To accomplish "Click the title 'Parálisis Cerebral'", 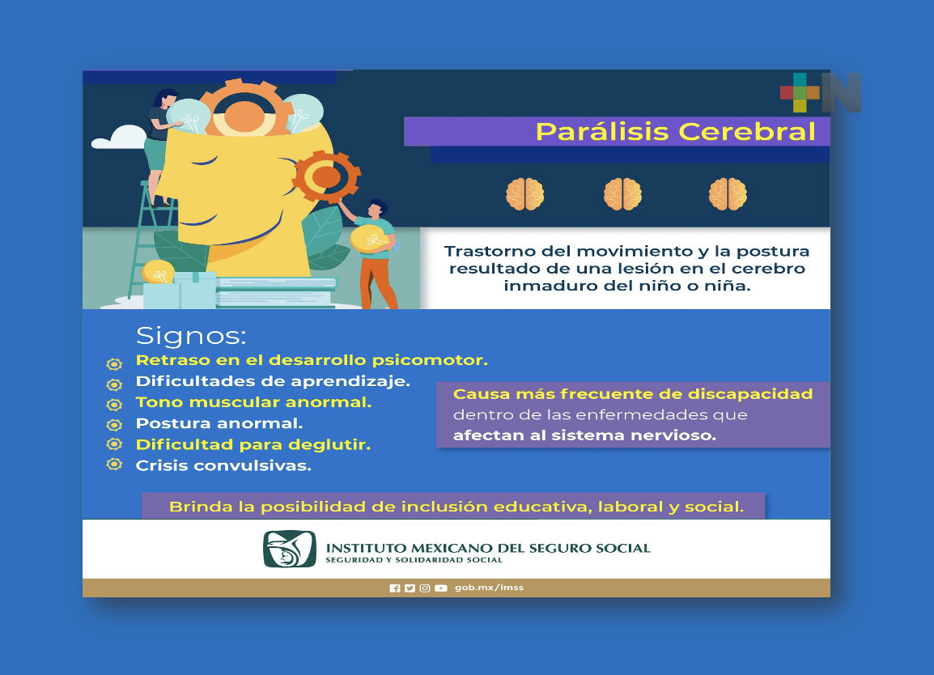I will [x=675, y=131].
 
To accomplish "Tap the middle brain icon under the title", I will [x=622, y=194].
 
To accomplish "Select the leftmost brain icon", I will [x=525, y=194].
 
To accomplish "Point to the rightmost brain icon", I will [x=728, y=194].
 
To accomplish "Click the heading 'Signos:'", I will [x=191, y=335].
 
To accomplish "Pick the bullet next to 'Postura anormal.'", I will [x=114, y=424].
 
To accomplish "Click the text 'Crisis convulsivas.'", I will [x=223, y=466].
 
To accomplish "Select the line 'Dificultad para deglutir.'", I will [x=253, y=444].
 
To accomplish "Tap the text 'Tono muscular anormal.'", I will [x=253, y=402].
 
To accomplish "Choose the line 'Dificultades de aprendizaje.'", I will [x=273, y=380].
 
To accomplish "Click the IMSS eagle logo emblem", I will [x=289, y=549].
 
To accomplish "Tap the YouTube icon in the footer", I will [x=440, y=588].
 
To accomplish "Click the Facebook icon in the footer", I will [x=395, y=588].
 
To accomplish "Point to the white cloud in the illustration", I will [x=118, y=139].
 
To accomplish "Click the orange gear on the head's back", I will [x=326, y=176].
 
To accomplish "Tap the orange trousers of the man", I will [x=377, y=279].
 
